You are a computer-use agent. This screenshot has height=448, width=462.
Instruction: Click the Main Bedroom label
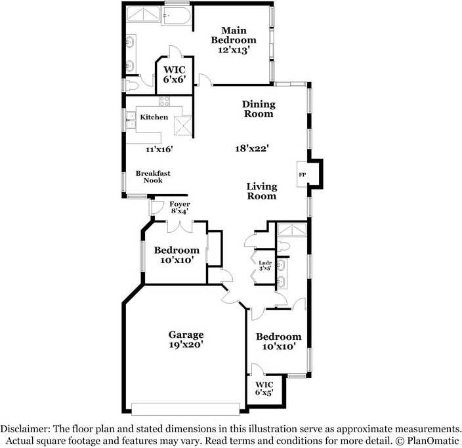(x=234, y=35)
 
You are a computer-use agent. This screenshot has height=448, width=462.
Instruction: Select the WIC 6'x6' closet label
(x=174, y=74)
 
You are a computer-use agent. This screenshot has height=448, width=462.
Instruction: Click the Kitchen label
(x=154, y=117)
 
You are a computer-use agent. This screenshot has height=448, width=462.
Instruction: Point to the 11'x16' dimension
(x=159, y=150)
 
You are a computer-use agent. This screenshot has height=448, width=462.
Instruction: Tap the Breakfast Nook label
(x=153, y=176)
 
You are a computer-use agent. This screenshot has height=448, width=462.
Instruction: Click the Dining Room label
(x=258, y=109)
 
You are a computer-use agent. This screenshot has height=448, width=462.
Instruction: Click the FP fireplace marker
(x=303, y=174)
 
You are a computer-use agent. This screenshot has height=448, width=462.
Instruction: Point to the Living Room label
(x=261, y=191)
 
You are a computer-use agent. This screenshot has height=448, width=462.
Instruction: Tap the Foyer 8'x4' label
(x=180, y=207)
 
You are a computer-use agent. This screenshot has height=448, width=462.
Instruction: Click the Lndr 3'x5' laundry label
(x=264, y=266)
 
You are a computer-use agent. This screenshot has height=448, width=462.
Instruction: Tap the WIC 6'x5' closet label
(x=264, y=388)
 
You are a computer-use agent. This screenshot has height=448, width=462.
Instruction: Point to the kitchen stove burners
(x=164, y=102)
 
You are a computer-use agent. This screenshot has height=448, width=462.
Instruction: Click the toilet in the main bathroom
(x=131, y=85)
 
